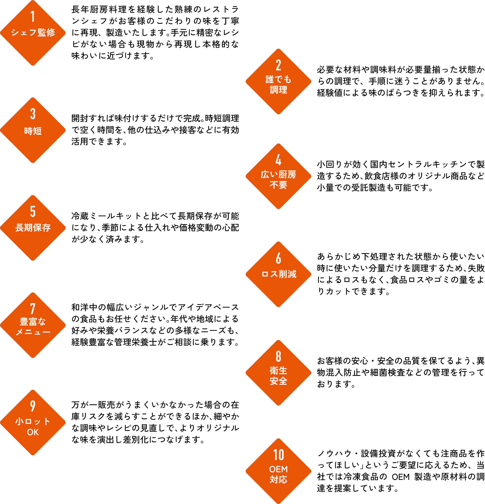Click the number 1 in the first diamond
click(x=33, y=16)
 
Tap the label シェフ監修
click(x=33, y=32)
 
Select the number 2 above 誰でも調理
click(x=278, y=65)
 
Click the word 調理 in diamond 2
click(x=278, y=90)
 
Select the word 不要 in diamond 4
click(x=278, y=185)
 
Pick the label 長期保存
click(x=33, y=227)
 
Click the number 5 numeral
click(x=33, y=211)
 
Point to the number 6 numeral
click(x=278, y=258)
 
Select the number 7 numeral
click(x=33, y=309)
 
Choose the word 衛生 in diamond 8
click(x=278, y=371)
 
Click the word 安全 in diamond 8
click(x=278, y=381)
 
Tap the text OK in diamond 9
click(x=33, y=432)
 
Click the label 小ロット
click(x=33, y=421)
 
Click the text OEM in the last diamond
click(x=278, y=469)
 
